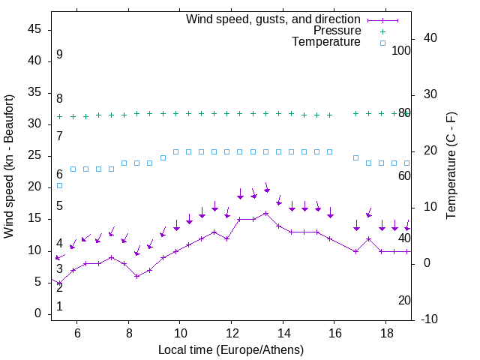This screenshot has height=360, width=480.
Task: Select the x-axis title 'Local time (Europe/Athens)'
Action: coord(231,350)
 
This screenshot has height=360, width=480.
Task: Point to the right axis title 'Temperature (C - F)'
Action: coord(451,166)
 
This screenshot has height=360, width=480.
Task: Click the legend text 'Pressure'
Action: coord(337,31)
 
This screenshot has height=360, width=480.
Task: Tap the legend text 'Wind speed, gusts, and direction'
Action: coord(274,19)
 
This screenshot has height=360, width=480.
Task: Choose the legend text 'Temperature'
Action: coord(326,43)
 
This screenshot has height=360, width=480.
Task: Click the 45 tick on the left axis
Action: coord(36,29)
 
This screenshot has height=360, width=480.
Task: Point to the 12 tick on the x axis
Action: coord(231,333)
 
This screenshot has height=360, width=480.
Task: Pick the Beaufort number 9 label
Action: coord(59,55)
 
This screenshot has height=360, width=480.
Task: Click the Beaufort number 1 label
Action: coord(59,306)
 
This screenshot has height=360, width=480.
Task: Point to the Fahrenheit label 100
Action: coord(402,50)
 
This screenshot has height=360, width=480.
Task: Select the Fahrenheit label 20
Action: coord(404,300)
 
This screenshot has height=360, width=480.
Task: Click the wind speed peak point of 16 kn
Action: coord(265,213)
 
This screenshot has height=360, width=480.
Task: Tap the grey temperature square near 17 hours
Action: coord(355,157)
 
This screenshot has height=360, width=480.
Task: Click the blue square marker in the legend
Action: coord(382,43)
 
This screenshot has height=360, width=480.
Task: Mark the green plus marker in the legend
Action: coord(382,31)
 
